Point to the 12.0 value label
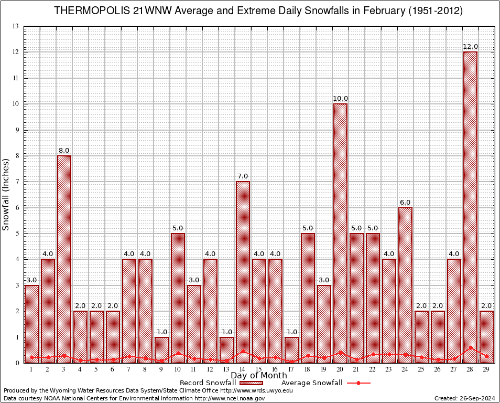coord(470,47)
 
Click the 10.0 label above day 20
coord(340,99)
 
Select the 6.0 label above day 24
coord(405,202)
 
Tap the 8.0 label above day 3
coord(64,151)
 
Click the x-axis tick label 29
coord(486,369)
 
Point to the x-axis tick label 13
coord(226,369)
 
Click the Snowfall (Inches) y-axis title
coord(6,195)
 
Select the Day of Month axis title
coord(259,375)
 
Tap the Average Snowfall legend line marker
coord(358,383)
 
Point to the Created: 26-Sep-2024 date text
coord(465,398)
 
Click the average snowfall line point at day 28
coord(470,347)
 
